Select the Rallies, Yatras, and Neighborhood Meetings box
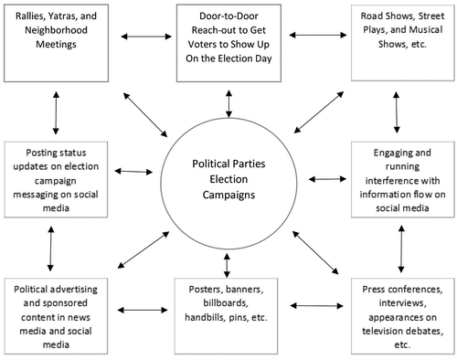click(56, 40)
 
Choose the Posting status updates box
click(56, 177)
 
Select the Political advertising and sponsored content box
click(56, 316)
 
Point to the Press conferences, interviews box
click(396, 316)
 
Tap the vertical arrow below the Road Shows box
click(395, 111)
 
